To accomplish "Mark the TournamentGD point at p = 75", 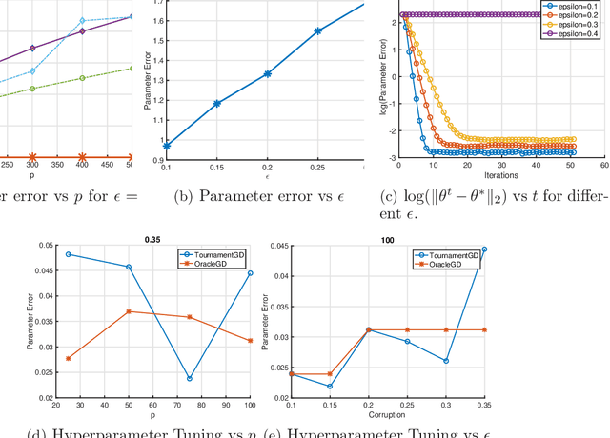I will [x=189, y=378].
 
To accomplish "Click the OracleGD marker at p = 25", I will [x=68, y=358].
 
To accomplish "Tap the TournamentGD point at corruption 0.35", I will [x=483, y=249].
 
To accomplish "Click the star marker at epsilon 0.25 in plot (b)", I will [x=318, y=30].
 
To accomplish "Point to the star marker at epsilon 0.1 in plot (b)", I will [x=167, y=146].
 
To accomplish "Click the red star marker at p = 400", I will [x=82, y=157].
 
